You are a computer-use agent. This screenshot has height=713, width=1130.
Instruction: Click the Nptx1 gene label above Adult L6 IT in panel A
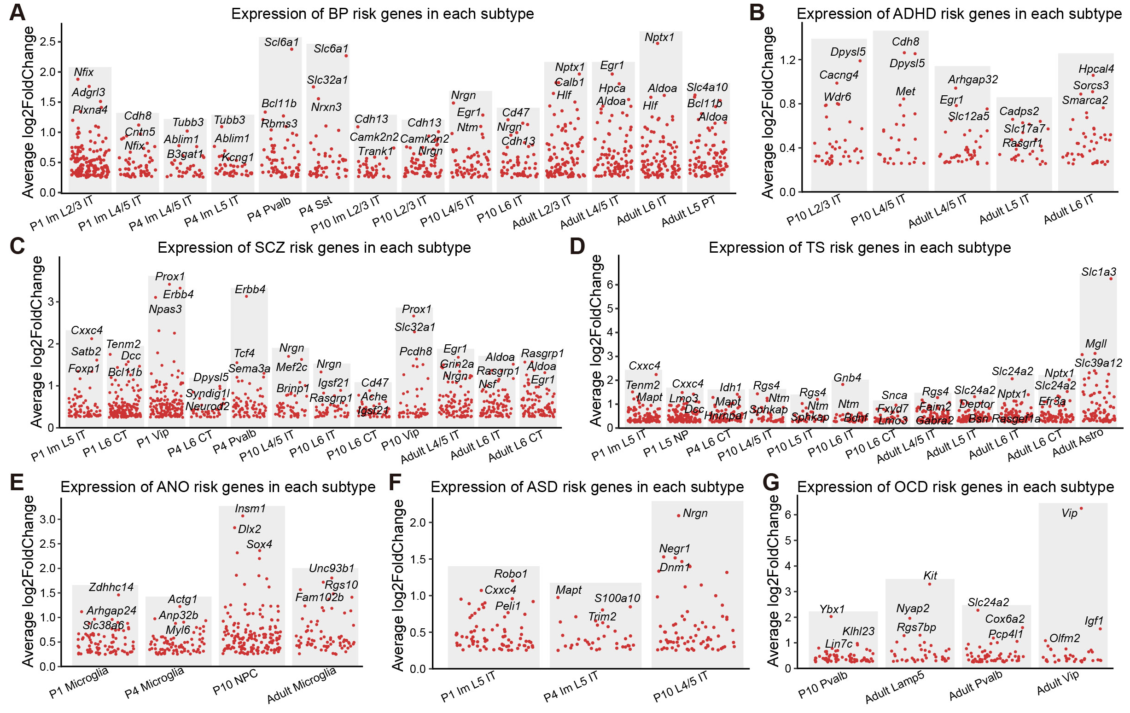(x=659, y=37)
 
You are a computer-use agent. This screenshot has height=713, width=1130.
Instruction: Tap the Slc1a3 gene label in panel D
(x=1098, y=272)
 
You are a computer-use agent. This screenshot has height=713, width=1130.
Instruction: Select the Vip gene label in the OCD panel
(x=1069, y=513)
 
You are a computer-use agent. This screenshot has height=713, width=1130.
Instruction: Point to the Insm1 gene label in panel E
(x=250, y=509)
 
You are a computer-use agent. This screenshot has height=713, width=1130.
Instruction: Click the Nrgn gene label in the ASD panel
(x=695, y=513)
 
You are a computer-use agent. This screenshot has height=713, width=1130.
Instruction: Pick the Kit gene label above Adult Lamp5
(x=930, y=575)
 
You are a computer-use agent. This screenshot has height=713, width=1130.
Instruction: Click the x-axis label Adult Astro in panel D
(x=1078, y=443)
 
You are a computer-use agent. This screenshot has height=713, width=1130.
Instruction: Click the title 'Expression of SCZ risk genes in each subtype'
(x=314, y=248)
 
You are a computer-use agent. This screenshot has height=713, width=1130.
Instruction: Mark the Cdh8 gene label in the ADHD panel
(x=905, y=42)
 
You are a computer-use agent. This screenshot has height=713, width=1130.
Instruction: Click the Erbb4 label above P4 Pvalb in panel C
(x=250, y=290)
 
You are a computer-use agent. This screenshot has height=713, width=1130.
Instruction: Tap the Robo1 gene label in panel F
(x=511, y=574)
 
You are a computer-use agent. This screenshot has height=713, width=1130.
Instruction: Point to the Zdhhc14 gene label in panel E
(x=111, y=587)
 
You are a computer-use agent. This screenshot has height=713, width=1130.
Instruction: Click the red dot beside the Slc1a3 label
(x=1111, y=278)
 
